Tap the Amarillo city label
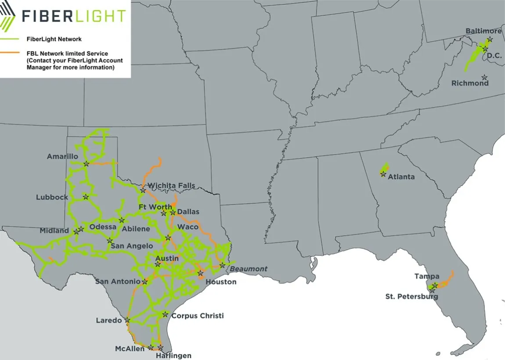(62, 156)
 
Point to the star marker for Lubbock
(86, 197)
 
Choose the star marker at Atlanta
(383, 174)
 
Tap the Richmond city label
(470, 83)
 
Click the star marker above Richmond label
(484, 77)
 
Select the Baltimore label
(483, 31)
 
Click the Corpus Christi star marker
(165, 314)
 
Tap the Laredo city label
(108, 320)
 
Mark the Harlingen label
(173, 356)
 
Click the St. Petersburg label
(411, 296)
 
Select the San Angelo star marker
(110, 241)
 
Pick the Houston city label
(221, 282)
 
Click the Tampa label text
(426, 277)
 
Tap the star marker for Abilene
(122, 220)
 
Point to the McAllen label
(130, 349)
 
